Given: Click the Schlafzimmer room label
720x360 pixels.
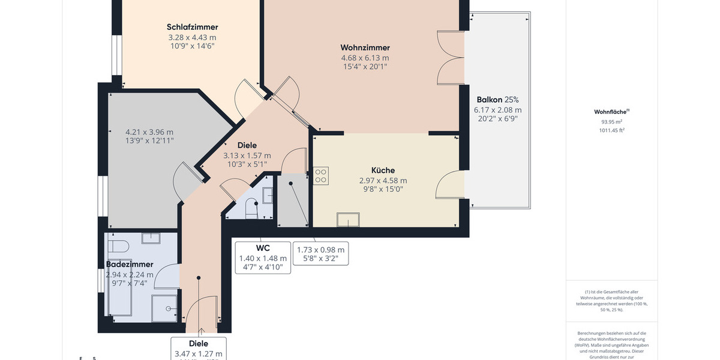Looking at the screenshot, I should point(192,27).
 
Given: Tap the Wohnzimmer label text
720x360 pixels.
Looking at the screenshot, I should point(365,48).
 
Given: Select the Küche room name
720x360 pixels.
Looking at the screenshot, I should point(383,170).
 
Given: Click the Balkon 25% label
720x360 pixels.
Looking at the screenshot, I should point(497,100).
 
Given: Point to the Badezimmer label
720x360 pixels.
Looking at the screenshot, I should point(130,264).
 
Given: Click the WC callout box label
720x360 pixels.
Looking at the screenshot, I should point(263,248).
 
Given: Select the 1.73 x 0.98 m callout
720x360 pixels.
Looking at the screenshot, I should point(320,250).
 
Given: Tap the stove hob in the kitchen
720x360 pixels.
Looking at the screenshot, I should point(321,175).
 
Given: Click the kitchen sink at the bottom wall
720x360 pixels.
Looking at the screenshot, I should point(347,220).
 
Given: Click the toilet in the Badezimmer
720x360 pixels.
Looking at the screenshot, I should point(118,247).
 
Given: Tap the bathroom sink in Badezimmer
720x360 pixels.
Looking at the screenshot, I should point(151,238).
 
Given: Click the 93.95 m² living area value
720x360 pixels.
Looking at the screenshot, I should point(611,121).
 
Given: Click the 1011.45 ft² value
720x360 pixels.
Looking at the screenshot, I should point(611,130).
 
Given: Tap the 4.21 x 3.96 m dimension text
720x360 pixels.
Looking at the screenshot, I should point(149,132).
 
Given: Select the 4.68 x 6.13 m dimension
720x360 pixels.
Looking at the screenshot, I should point(365,58).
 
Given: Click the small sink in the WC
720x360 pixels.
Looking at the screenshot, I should point(268,195).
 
